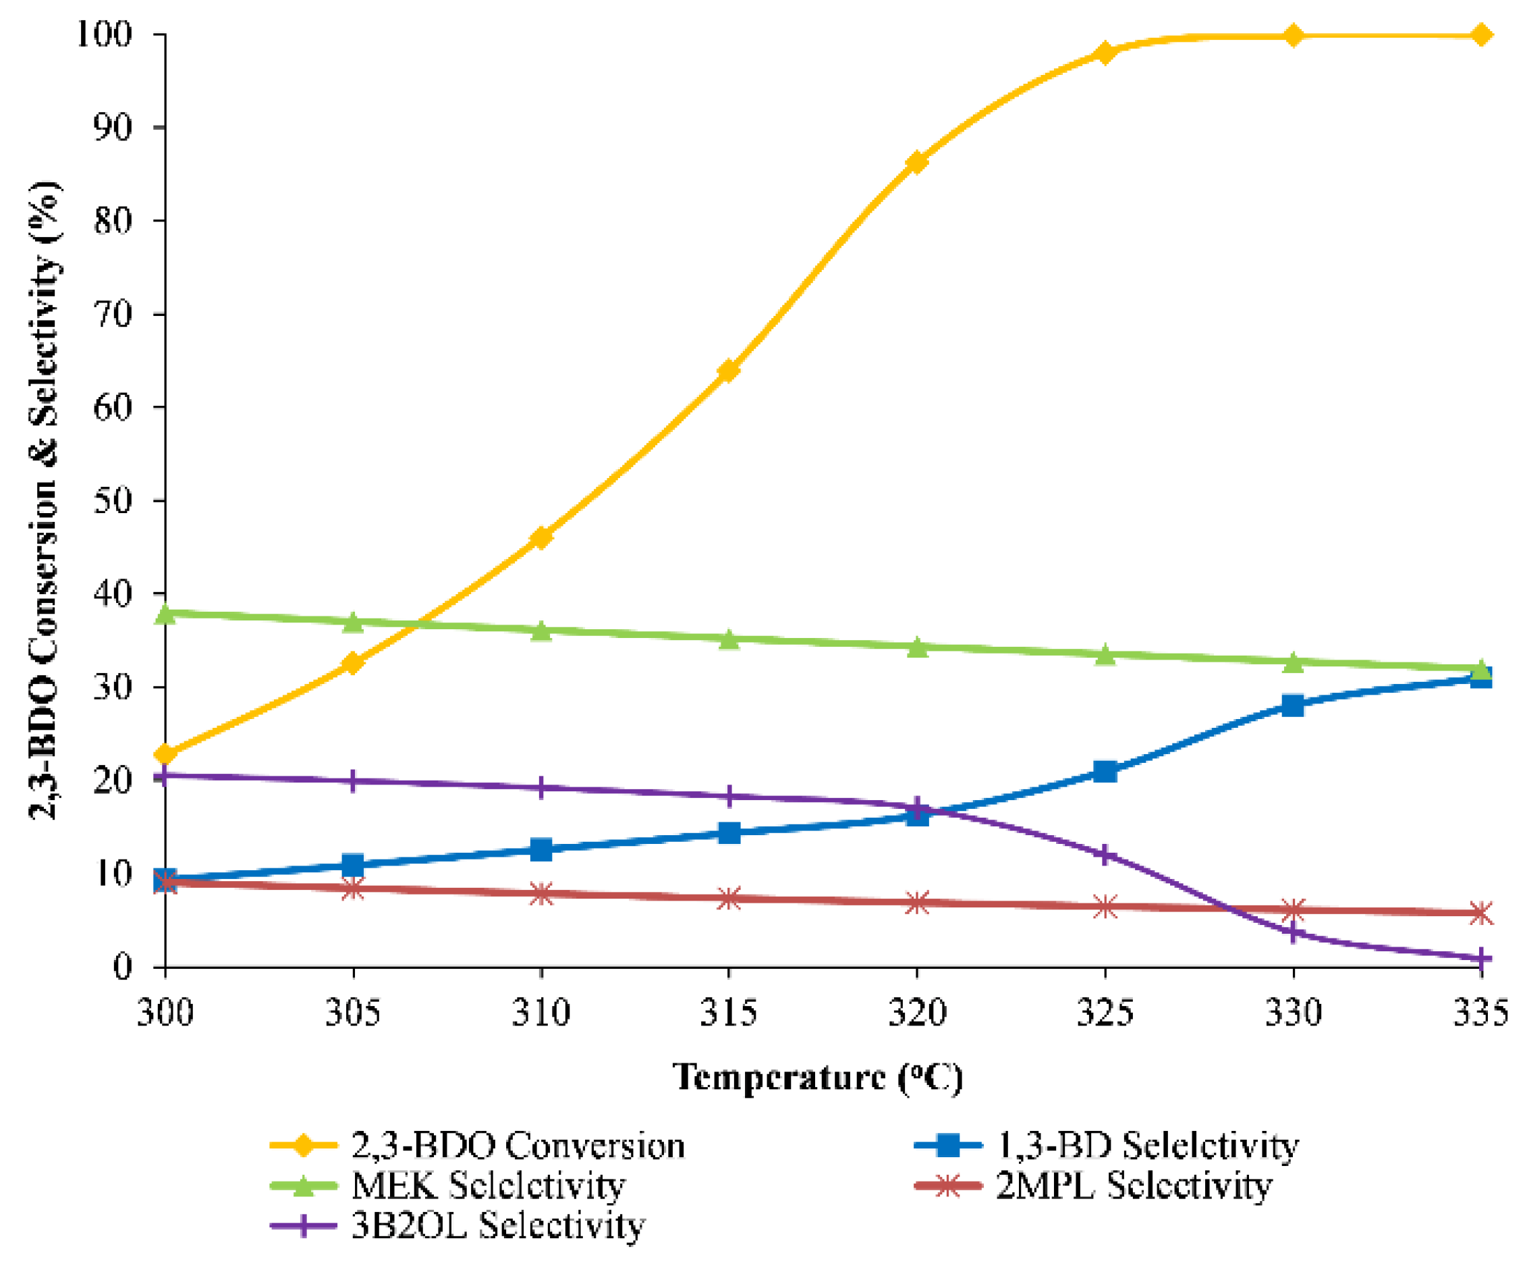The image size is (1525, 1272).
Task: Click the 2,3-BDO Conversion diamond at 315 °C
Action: pyautogui.click(x=728, y=371)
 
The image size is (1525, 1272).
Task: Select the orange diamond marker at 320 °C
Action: pyautogui.click(x=916, y=162)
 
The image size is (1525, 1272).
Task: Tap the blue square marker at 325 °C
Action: pyautogui.click(x=1105, y=772)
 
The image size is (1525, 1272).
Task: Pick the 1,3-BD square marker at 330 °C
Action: pyautogui.click(x=1293, y=706)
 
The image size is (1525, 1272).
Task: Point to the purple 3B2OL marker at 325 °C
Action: pyautogui.click(x=1105, y=855)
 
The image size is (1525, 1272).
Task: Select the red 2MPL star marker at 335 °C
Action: pyautogui.click(x=1480, y=913)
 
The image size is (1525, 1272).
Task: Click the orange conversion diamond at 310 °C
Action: pyautogui.click(x=541, y=537)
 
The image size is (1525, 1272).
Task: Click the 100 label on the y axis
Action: pyautogui.click(x=105, y=34)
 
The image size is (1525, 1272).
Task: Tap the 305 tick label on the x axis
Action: pyautogui.click(x=353, y=1013)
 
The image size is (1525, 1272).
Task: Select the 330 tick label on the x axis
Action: pyautogui.click(x=1293, y=1013)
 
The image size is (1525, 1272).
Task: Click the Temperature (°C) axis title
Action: pyautogui.click(x=818, y=1078)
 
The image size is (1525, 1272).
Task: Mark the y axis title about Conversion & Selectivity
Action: pyautogui.click(x=45, y=501)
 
